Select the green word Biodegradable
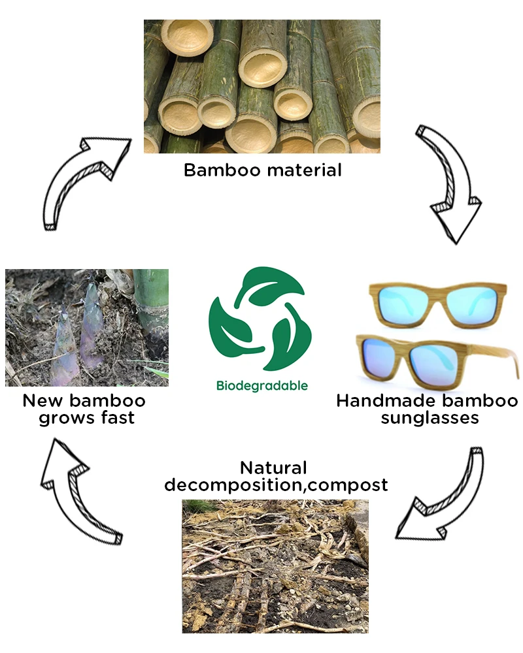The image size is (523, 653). pos(261,386)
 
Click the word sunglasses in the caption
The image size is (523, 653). pos(430,417)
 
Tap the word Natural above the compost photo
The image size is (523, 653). pos(273,468)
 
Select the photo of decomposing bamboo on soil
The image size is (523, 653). pos(275,566)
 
